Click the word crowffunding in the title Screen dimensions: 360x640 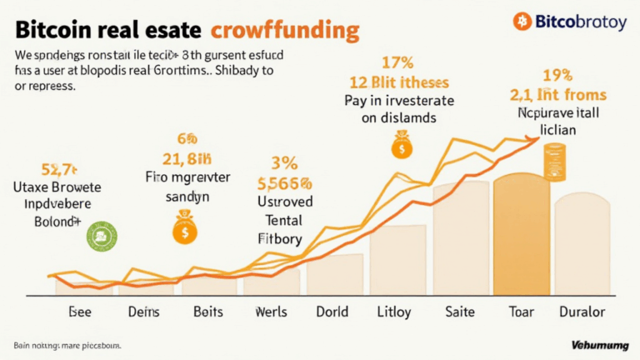pyautogui.click(x=286, y=32)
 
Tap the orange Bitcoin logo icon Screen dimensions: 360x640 pyautogui.click(x=522, y=21)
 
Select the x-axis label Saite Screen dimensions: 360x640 pyautogui.click(x=461, y=312)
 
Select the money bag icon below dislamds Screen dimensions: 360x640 pyautogui.click(x=402, y=147)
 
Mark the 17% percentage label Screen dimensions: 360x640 pyautogui.click(x=398, y=62)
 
